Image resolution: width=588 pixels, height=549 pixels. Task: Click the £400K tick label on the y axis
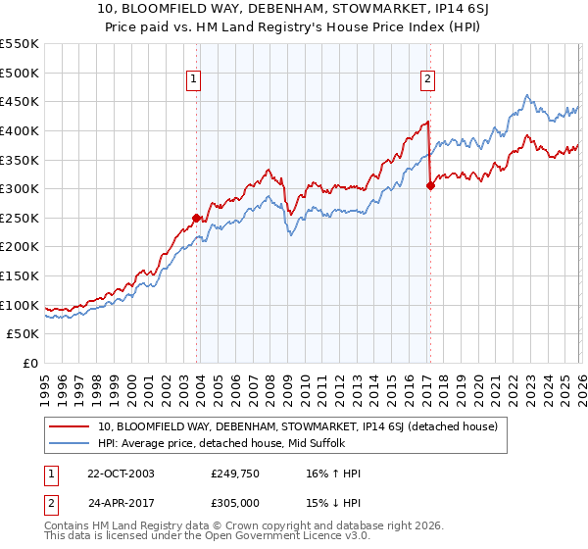point(20,130)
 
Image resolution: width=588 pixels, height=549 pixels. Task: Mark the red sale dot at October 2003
point(197,218)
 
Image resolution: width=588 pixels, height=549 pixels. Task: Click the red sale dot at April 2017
point(430,185)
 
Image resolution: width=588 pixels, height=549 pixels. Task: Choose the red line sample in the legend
point(71,426)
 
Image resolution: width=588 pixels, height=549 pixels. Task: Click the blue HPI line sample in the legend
point(71,443)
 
